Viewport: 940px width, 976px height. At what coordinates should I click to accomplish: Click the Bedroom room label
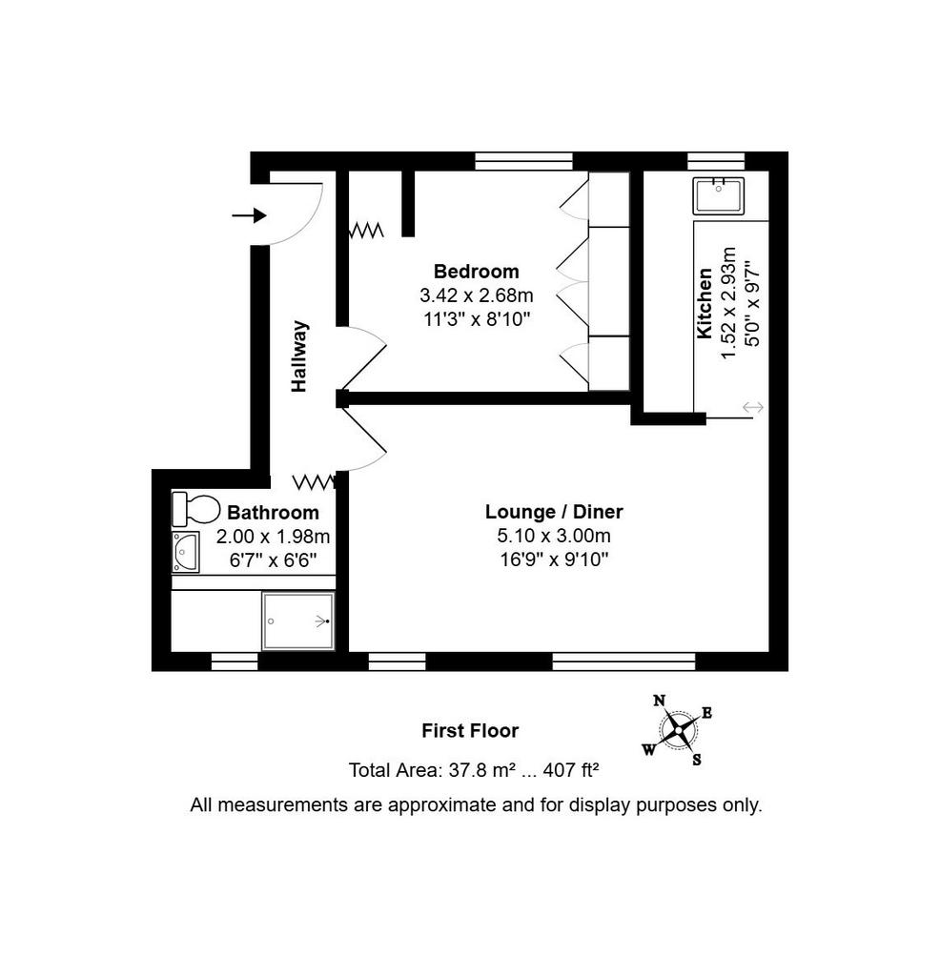tap(477, 272)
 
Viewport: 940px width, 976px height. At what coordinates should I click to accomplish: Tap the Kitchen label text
tap(705, 303)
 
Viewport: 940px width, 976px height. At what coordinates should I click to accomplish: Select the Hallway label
tap(299, 356)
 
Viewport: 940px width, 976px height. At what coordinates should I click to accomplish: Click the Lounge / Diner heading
tap(554, 512)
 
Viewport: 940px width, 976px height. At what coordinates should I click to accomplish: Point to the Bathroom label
tap(273, 512)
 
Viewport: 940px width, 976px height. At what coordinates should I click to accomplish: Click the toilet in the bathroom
tap(195, 509)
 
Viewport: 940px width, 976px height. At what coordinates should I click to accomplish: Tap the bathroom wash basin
tap(186, 552)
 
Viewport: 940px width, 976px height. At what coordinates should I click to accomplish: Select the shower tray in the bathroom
tap(298, 621)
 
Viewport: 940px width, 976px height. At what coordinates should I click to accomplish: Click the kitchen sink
tap(719, 195)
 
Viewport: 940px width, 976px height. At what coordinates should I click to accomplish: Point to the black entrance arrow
tap(249, 216)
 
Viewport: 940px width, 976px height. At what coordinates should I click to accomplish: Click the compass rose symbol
tap(677, 729)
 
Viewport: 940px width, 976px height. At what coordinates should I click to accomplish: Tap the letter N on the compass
tap(660, 701)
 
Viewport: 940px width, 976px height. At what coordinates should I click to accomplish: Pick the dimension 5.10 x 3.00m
tap(554, 536)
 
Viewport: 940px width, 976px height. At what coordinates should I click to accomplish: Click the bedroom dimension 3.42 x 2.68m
tap(477, 295)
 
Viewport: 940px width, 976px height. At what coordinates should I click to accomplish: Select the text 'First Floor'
tap(470, 730)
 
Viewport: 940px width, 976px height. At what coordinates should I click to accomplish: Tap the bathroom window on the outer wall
tap(235, 661)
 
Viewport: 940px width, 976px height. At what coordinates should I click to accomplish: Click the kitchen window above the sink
tap(716, 161)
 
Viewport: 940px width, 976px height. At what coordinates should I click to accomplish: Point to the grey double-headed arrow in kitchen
tap(753, 408)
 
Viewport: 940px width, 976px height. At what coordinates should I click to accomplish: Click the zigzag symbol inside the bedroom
tap(365, 231)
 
